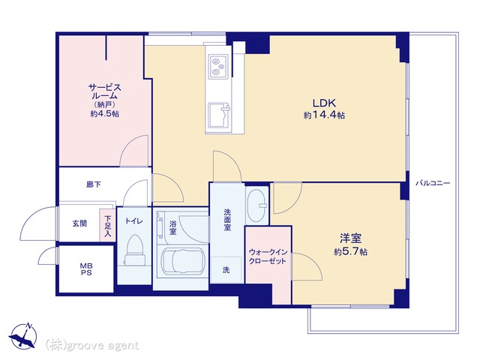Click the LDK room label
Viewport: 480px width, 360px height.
pyautogui.click(x=324, y=103)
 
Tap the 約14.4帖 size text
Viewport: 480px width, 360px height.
pyautogui.click(x=324, y=115)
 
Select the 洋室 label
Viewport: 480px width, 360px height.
pyautogui.click(x=350, y=238)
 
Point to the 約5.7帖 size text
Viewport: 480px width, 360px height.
pyautogui.click(x=350, y=252)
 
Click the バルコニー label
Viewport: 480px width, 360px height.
pyautogui.click(x=433, y=183)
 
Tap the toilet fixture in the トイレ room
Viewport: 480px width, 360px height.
pyautogui.click(x=134, y=249)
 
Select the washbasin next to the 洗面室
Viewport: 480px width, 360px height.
pyautogui.click(x=256, y=205)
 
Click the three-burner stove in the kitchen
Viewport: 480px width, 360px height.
pyautogui.click(x=218, y=66)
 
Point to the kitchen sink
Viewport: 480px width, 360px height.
pyautogui.click(x=219, y=115)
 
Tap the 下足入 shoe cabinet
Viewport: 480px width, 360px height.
pyautogui.click(x=107, y=225)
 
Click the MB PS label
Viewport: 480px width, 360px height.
pyautogui.click(x=86, y=269)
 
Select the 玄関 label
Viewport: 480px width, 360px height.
pyautogui.click(x=79, y=223)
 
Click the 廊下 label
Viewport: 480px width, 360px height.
pyautogui.click(x=93, y=184)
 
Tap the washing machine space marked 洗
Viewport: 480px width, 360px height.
pyautogui.click(x=226, y=270)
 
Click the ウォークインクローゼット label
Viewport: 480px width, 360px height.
pyautogui.click(x=268, y=256)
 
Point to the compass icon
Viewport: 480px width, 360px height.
pyautogui.click(x=23, y=335)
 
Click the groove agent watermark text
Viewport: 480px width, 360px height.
pyautogui.click(x=92, y=345)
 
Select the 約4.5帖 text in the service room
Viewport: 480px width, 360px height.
pyautogui.click(x=105, y=114)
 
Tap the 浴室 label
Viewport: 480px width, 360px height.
pyautogui.click(x=173, y=227)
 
